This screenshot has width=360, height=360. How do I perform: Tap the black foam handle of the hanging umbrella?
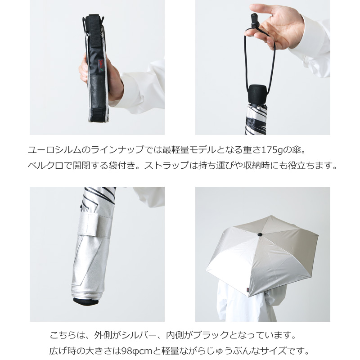click(x=257, y=94)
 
